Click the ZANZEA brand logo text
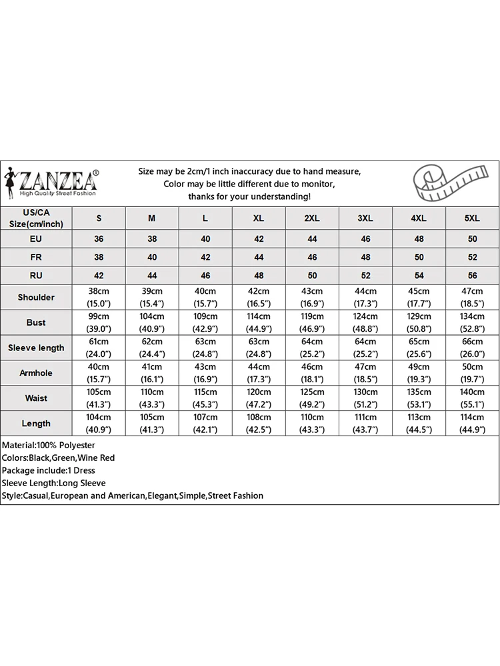point(59,180)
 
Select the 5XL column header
point(472,218)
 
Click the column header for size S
point(99,218)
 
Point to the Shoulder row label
point(36,297)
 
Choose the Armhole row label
point(36,373)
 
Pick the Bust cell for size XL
point(259,322)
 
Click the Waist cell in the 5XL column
point(472,398)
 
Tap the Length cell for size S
point(99,424)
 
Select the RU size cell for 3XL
point(365,275)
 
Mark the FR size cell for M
point(152,256)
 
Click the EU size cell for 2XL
point(312,238)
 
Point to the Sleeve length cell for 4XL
point(419,348)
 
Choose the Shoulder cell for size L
point(205,297)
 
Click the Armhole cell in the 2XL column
point(312,373)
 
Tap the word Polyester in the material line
point(76,445)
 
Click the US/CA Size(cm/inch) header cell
point(36,218)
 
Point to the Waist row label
point(36,398)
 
